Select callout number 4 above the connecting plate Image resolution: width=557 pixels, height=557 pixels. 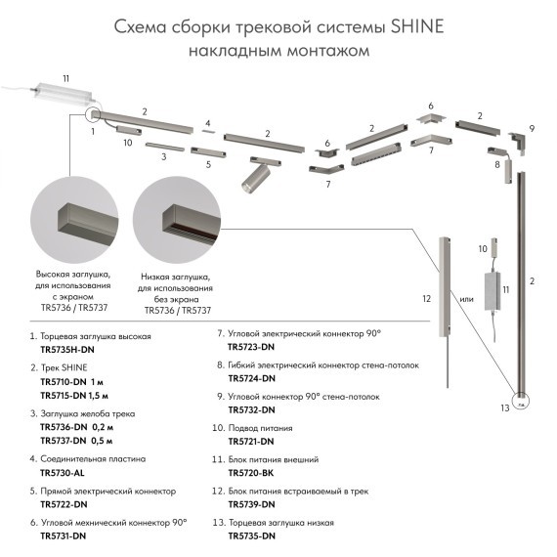click(x=207, y=124)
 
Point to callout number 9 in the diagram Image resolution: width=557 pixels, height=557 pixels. click(x=533, y=129)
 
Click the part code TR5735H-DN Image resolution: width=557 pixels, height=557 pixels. click(x=67, y=349)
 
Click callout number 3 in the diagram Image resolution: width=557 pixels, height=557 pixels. click(x=163, y=156)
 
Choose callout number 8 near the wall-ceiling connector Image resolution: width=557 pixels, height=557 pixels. click(x=496, y=165)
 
